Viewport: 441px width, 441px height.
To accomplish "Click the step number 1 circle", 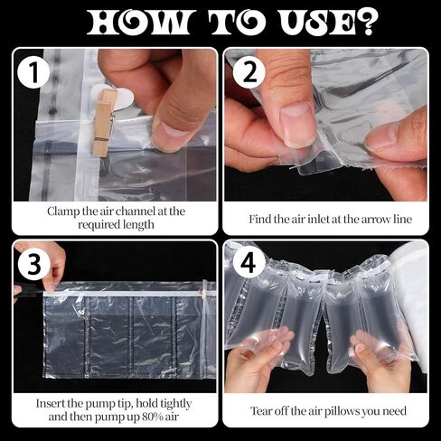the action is pos(33,72).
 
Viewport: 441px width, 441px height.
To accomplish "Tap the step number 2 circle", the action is pos(249,72).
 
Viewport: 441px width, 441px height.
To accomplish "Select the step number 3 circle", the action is pos(33,264).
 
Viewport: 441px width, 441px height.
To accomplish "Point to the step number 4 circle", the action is pos(249,264).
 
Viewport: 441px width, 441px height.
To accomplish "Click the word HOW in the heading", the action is pos(139,23).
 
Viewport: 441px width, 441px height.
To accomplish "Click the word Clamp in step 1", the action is pos(63,211).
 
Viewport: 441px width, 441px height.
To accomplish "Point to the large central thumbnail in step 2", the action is pos(296,127).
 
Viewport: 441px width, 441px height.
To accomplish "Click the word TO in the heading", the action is pos(234,23).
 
